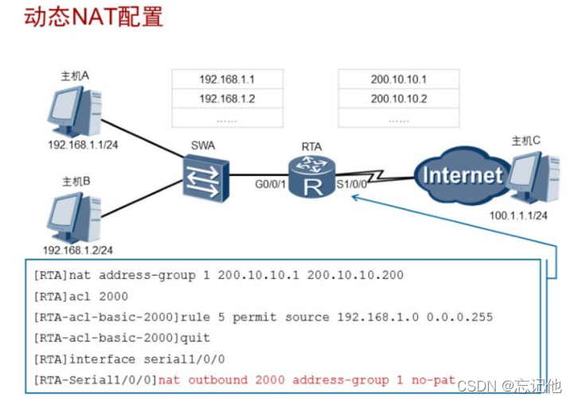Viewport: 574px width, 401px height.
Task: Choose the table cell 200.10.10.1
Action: pyautogui.click(x=399, y=79)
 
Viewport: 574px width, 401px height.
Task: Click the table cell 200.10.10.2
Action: pyautogui.click(x=399, y=99)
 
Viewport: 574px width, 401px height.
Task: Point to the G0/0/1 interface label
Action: pyautogui.click(x=270, y=184)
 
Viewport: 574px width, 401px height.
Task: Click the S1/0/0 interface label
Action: pyautogui.click(x=351, y=184)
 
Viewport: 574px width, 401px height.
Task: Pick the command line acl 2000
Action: pyautogui.click(x=96, y=296)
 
